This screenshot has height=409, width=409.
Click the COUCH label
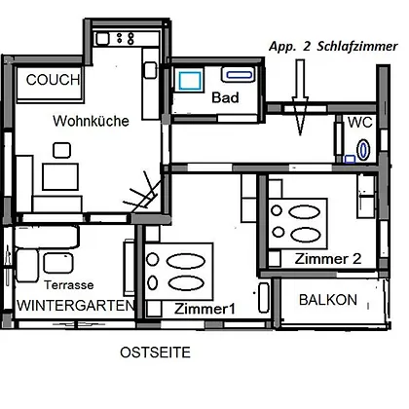pyautogui.click(x=53, y=80)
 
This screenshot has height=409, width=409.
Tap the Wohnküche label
pyautogui.click(x=92, y=121)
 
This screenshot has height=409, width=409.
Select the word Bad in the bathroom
pyautogui.click(x=225, y=97)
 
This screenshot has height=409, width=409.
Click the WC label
pyautogui.click(x=360, y=123)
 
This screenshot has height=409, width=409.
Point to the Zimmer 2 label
pyautogui.click(x=328, y=259)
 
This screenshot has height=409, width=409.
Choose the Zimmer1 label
pyautogui.click(x=204, y=309)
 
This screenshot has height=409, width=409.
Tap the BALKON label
pyautogui.click(x=328, y=300)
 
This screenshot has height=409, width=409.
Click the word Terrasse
pyautogui.click(x=69, y=285)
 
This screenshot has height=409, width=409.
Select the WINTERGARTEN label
pyautogui.click(x=76, y=306)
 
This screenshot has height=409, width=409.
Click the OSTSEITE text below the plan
pyautogui.click(x=155, y=353)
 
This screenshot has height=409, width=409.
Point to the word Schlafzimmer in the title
pyautogui.click(x=357, y=47)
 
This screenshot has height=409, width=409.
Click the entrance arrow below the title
pyautogui.click(x=300, y=97)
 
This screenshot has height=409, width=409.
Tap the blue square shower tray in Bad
pyautogui.click(x=190, y=81)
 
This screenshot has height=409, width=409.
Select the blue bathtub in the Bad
pyautogui.click(x=239, y=75)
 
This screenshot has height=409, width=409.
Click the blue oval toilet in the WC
pyautogui.click(x=363, y=150)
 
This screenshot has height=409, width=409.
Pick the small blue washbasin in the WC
pyautogui.click(x=350, y=159)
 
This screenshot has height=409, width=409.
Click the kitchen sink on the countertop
pyautogui.click(x=102, y=39)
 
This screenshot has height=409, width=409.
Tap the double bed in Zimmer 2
pyautogui.click(x=298, y=223)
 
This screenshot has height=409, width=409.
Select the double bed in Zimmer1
pyautogui.click(x=178, y=272)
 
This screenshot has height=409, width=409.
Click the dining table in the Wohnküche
pyautogui.click(x=60, y=176)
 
